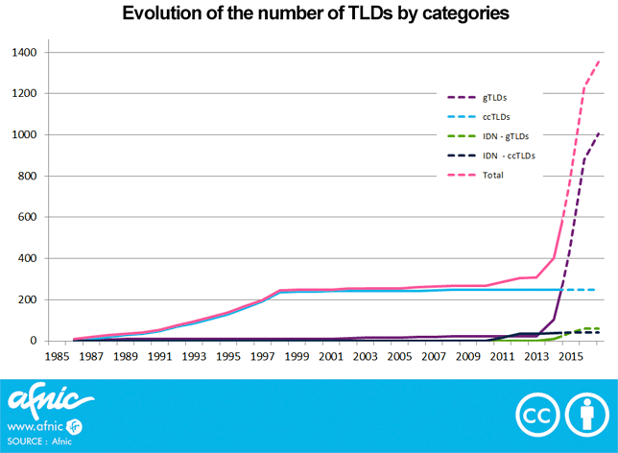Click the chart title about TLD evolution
tap(308, 14)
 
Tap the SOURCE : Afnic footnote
tap(38, 442)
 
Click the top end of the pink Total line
tap(600, 60)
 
